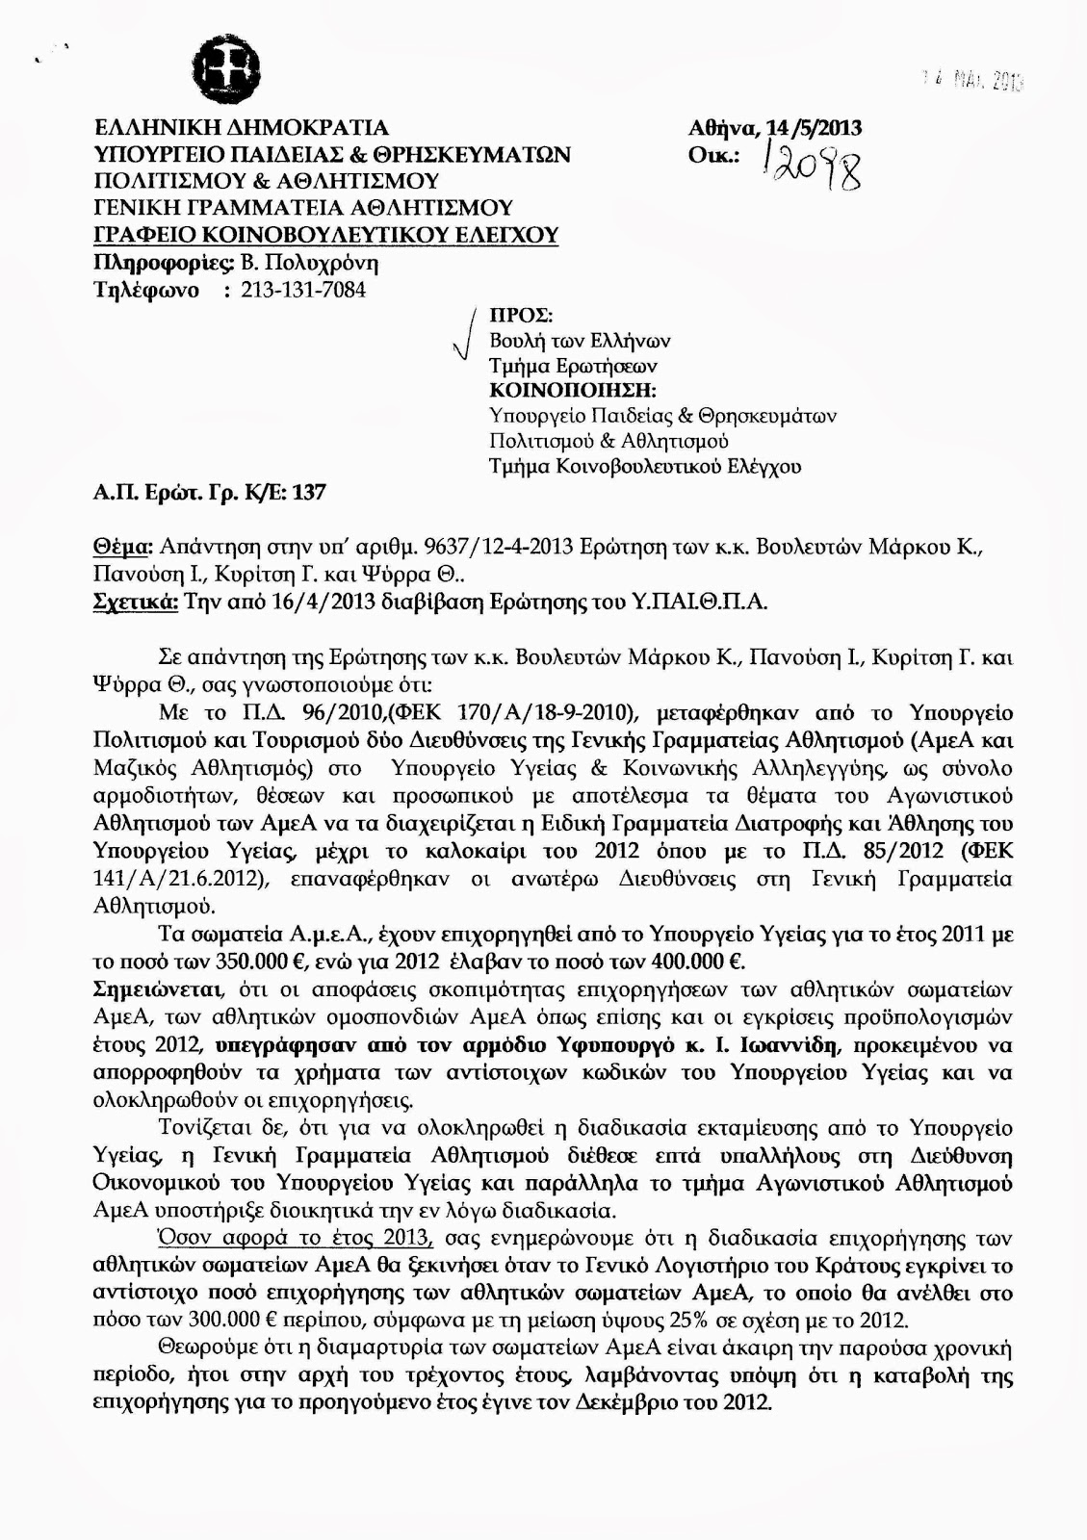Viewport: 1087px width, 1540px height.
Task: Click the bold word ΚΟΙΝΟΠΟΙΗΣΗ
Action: pyautogui.click(x=572, y=391)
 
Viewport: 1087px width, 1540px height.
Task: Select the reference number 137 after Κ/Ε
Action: pyautogui.click(x=309, y=493)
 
